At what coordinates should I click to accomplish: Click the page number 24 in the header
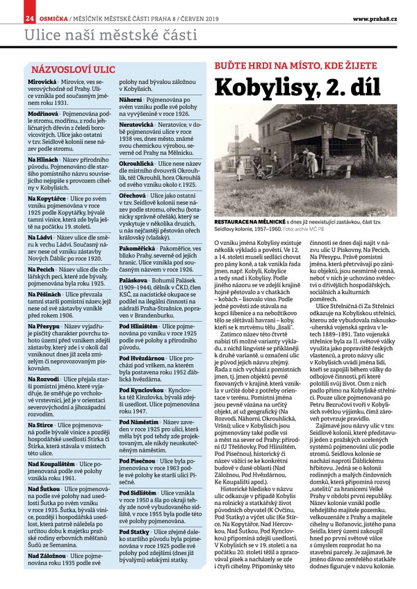[10, 17]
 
